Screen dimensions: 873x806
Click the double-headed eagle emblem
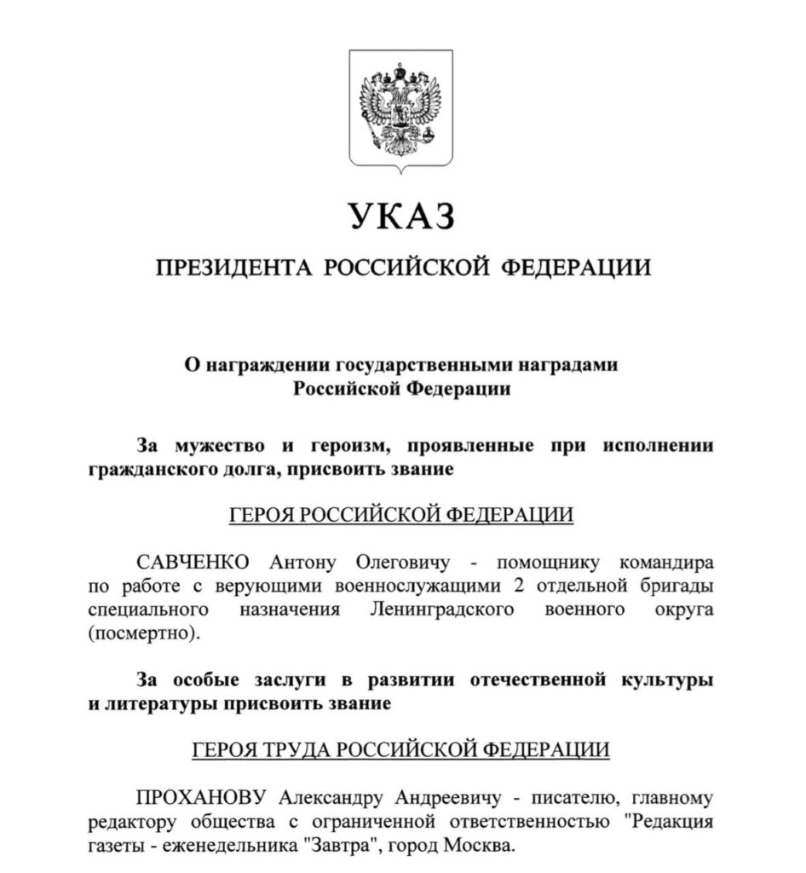(400, 107)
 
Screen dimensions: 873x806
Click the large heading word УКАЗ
(401, 217)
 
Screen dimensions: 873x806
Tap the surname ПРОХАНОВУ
(204, 798)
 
